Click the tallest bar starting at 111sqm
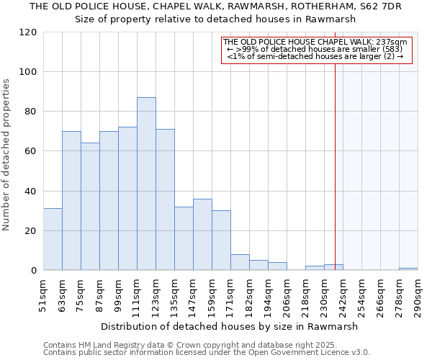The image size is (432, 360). (x=146, y=184)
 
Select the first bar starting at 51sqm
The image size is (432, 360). (x=53, y=239)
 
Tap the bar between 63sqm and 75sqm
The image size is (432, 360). (x=71, y=201)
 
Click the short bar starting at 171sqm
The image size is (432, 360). (x=240, y=263)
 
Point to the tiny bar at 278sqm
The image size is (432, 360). (x=408, y=269)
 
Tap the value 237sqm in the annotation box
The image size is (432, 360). (x=393, y=42)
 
